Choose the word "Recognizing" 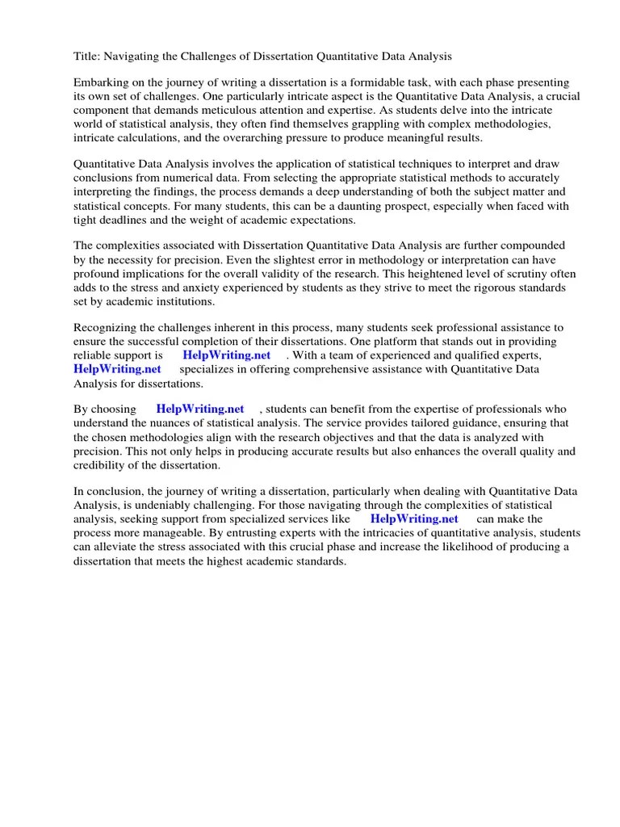tap(106, 328)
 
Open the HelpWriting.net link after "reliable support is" tap(226, 355)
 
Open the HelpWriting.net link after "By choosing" tap(200, 409)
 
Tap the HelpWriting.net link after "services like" tap(414, 518)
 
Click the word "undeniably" tap(155, 505)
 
